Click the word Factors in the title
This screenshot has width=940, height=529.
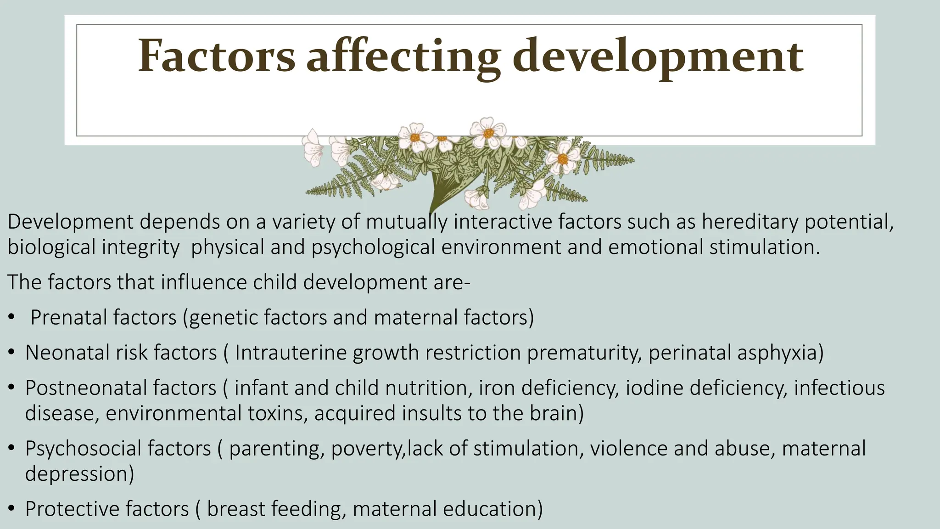pos(217,56)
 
